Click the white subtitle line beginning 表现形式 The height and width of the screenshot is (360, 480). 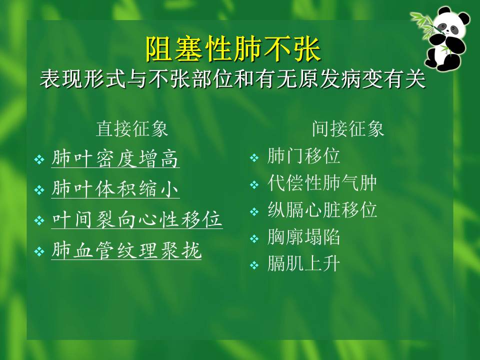pyautogui.click(x=232, y=79)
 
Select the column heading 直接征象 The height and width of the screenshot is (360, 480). pyautogui.click(x=132, y=129)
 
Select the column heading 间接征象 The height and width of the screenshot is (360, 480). pyautogui.click(x=348, y=129)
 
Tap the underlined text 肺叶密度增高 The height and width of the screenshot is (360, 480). pyautogui.click(x=115, y=159)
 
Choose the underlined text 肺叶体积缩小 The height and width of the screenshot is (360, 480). pyautogui.click(x=115, y=190)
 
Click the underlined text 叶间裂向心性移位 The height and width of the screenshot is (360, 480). pyautogui.click(x=137, y=220)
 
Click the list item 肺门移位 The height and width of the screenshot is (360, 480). pyautogui.click(x=304, y=156)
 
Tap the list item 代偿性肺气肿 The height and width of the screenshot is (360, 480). pyautogui.click(x=322, y=183)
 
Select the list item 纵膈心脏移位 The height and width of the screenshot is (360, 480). pyautogui.click(x=322, y=210)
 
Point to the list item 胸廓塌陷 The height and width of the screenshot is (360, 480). pyautogui.click(x=304, y=237)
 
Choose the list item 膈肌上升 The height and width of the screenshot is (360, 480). pyautogui.click(x=304, y=264)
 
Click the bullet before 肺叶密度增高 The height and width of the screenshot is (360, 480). pyautogui.click(x=39, y=160)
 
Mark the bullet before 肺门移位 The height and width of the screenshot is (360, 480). pyautogui.click(x=254, y=158)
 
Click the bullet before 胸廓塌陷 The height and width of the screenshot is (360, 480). pyautogui.click(x=254, y=239)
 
